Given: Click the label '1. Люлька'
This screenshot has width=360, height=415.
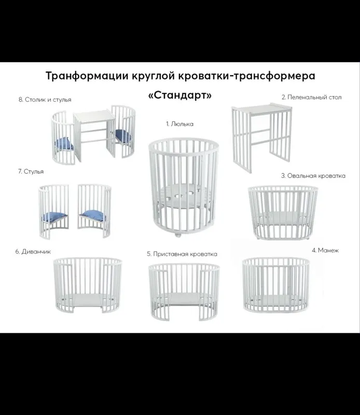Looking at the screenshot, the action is pos(179,124).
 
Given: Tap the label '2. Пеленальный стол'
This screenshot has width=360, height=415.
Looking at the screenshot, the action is pos(312,97).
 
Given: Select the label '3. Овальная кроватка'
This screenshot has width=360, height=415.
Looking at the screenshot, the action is pos(313,176).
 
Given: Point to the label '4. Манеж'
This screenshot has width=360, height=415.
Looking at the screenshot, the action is pos(325,251).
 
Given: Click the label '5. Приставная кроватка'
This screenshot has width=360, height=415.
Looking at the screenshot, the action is pos(182,254).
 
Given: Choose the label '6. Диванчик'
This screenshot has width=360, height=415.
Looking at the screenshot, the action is pos(33,252).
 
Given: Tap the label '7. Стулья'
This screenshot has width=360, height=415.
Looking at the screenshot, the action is pos(31,172).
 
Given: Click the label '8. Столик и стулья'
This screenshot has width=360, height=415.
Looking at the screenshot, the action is pos(45,100).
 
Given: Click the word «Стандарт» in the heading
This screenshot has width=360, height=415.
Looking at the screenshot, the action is pos(180,95).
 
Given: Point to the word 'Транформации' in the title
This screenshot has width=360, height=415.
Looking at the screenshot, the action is pos(87,76).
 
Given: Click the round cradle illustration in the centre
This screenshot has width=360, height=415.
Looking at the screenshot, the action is pos(184,187).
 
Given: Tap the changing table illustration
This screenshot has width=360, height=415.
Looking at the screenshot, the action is pos(261,137).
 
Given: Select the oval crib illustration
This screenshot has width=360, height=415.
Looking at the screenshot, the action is pos(283,213).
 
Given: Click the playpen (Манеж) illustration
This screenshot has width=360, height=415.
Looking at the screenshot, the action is pos(276,285).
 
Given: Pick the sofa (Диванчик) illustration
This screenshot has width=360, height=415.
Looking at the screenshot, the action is pos(88,285).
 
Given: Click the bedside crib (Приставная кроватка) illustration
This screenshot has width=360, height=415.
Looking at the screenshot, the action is pos(184,292).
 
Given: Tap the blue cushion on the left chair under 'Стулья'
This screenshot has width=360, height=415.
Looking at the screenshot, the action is pos(54,217).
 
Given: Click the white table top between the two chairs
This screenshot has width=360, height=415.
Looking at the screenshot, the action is pos(94,116).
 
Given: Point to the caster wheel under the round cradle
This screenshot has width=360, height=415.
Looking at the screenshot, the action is pos(178,235).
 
